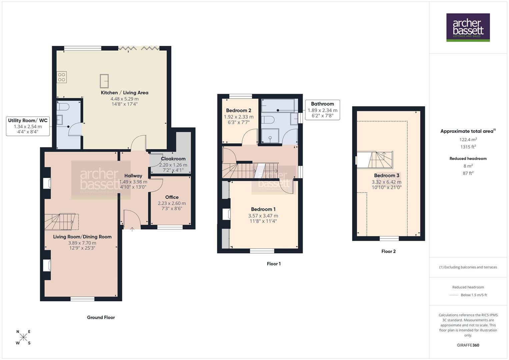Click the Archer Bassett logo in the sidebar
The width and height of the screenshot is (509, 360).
click(x=468, y=27)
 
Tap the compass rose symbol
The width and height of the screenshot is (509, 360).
click(x=23, y=337)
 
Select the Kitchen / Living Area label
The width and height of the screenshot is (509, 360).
click(x=124, y=93)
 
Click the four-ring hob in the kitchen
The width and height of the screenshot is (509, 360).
click(x=62, y=77)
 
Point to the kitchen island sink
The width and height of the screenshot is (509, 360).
click(x=104, y=80)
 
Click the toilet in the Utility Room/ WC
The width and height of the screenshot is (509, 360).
click(x=62, y=107)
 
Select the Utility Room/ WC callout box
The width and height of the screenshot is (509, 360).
click(x=28, y=126)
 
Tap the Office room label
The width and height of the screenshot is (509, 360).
click(x=172, y=197)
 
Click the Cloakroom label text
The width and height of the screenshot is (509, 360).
click(x=173, y=159)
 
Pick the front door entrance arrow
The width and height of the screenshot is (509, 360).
click(x=132, y=229)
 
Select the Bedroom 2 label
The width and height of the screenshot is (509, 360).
click(x=238, y=110)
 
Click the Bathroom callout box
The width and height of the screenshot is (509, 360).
click(x=322, y=110)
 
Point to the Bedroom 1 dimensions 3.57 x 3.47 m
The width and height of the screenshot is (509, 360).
click(x=263, y=216)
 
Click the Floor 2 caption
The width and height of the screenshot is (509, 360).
click(x=388, y=251)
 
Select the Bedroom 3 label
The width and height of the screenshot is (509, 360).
click(x=386, y=175)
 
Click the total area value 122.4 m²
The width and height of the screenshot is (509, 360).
click(x=468, y=140)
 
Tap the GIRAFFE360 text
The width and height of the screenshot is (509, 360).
click(x=468, y=345)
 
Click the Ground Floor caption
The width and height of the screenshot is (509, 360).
click(x=101, y=317)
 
